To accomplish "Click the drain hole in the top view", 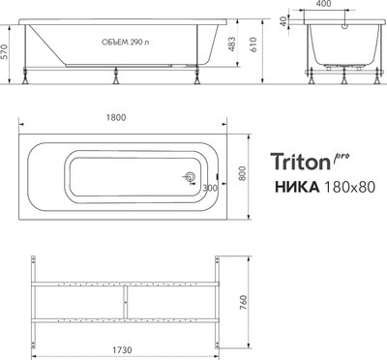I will click(x=192, y=177).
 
